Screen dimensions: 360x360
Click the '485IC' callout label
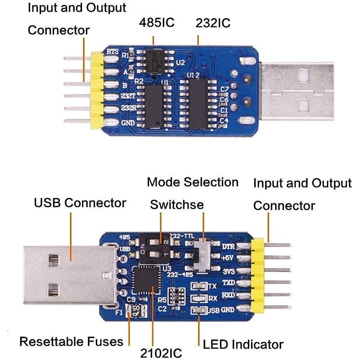157,22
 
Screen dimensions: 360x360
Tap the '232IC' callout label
213,22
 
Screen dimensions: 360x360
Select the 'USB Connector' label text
80,202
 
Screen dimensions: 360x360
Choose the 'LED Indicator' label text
243,345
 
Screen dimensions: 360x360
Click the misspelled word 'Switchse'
177,205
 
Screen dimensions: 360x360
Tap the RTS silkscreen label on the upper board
113,52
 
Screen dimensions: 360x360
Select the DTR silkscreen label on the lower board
229,247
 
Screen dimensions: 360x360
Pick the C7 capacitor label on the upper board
224,90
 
